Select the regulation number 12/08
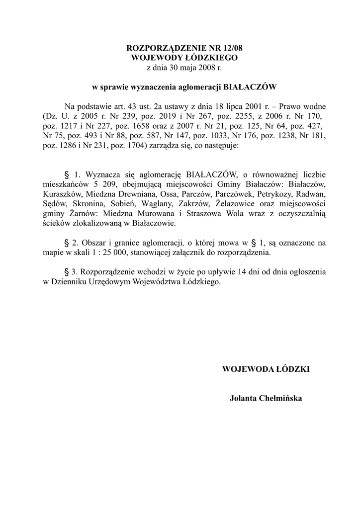230,48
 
